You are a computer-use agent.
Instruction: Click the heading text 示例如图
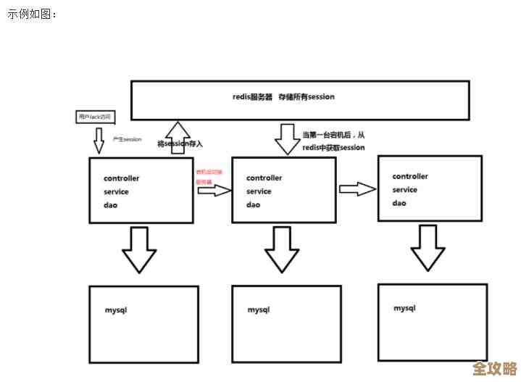point(33,14)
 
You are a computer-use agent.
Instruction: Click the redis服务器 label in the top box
point(251,96)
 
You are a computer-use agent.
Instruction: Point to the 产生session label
point(127,139)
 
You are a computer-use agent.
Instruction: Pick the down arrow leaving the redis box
point(288,138)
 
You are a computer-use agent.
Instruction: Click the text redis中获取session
point(333,147)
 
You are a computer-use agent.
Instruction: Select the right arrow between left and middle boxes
point(213,191)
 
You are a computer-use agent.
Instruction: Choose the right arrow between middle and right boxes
point(357,189)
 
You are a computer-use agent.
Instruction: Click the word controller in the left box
point(122,178)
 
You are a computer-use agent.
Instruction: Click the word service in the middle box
point(259,191)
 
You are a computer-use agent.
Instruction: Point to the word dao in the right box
point(399,203)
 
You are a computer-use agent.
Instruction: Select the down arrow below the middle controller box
point(281,249)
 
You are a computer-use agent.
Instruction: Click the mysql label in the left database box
point(116,310)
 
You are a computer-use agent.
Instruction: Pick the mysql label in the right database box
point(404,308)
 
